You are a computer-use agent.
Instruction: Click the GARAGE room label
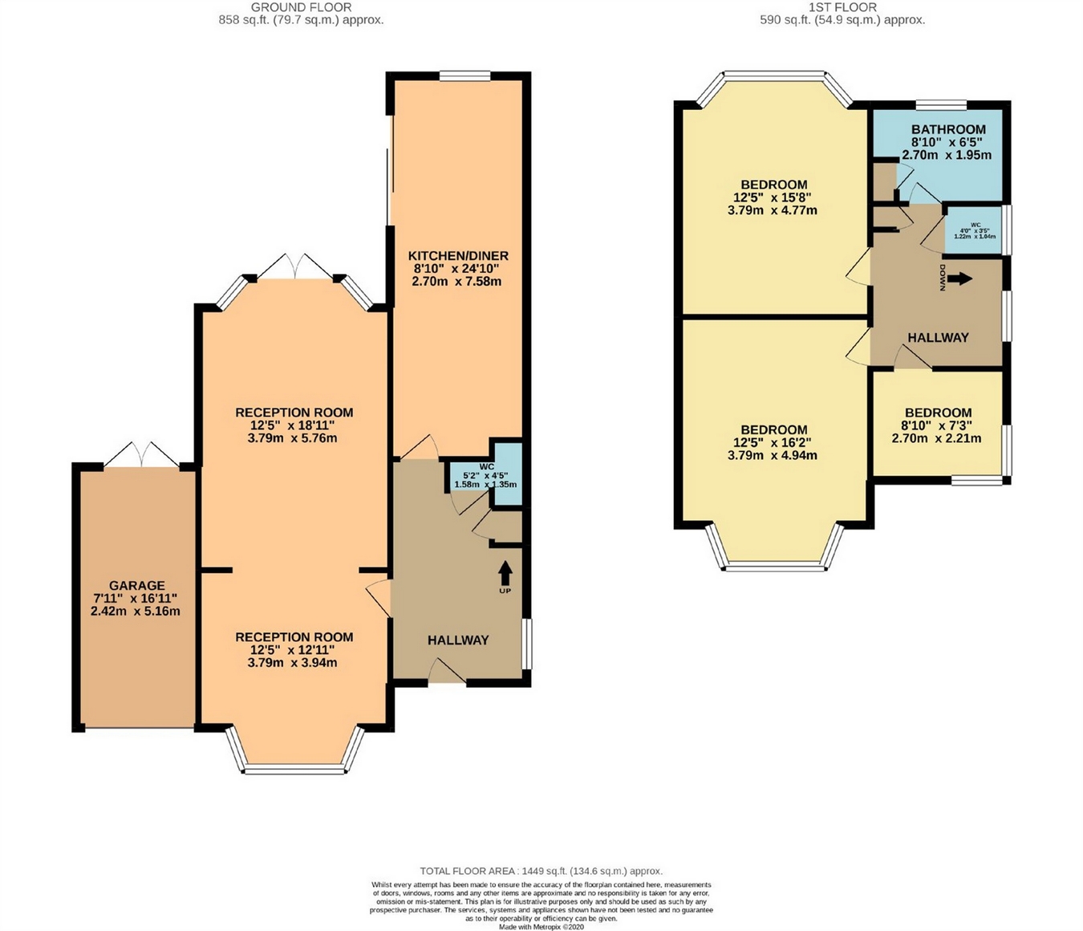click(x=136, y=586)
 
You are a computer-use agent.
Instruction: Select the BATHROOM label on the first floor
click(x=947, y=129)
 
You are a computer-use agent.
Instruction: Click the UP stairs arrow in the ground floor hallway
click(x=505, y=573)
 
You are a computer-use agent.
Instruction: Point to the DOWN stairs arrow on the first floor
click(x=959, y=278)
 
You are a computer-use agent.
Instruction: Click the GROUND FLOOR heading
click(x=301, y=7)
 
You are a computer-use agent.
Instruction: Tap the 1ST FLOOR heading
click(x=842, y=7)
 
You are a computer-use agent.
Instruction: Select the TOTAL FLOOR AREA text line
click(x=541, y=871)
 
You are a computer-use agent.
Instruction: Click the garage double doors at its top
click(x=141, y=455)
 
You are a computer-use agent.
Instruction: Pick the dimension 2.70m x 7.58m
click(x=456, y=282)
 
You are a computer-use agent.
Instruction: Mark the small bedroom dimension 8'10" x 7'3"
click(x=936, y=425)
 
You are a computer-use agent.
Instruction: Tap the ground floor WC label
click(x=486, y=466)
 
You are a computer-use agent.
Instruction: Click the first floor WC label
click(x=975, y=226)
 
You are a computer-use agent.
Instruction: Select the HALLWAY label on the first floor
click(x=938, y=338)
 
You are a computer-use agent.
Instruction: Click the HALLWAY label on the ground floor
click(x=457, y=640)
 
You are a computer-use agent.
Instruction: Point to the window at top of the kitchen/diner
click(x=464, y=75)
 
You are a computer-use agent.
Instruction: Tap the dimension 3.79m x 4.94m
click(x=773, y=455)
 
